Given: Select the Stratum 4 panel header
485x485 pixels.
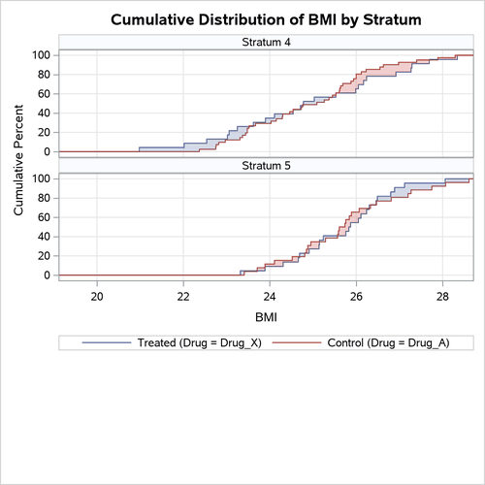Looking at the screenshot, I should (x=265, y=42).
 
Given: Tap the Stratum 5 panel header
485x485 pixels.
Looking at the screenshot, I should (x=265, y=166).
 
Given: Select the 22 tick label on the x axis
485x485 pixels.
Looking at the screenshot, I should (x=183, y=296).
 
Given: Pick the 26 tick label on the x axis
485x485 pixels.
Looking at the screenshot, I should (x=356, y=296).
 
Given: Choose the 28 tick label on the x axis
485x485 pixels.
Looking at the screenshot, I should (x=442, y=296).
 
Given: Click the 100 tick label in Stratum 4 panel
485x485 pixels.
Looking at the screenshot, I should (x=41, y=55).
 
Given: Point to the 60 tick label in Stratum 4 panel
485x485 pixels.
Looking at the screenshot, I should (x=44, y=94).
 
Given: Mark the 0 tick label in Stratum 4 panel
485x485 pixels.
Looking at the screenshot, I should (x=48, y=152).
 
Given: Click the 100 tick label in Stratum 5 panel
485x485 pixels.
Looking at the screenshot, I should (x=41, y=178).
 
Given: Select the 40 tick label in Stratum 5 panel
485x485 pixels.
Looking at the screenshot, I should (x=44, y=237).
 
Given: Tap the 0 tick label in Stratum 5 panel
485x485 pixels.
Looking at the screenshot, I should (x=48, y=275).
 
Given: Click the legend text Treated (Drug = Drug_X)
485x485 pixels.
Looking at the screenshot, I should (x=191, y=342).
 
